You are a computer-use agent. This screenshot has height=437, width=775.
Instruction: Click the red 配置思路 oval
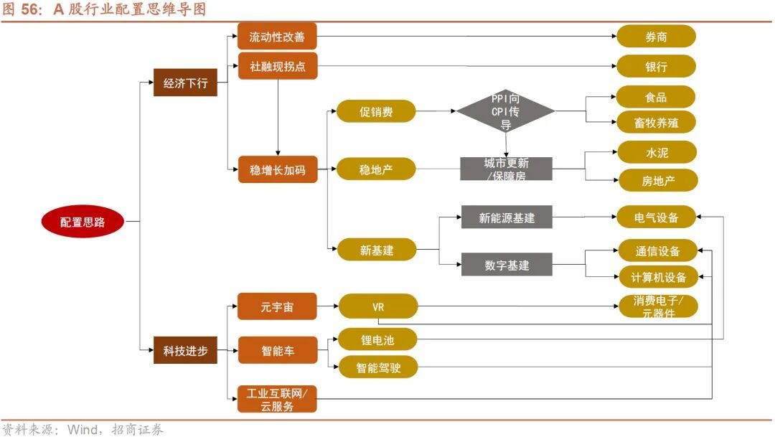click(83, 222)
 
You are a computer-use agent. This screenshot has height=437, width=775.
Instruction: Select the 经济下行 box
click(185, 83)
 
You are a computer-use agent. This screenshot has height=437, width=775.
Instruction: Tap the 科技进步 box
click(185, 350)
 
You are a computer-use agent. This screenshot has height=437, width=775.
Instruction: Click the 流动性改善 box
click(277, 37)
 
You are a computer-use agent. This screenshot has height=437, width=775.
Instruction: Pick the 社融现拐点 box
click(277, 67)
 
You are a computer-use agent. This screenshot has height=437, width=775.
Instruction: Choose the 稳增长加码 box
click(277, 170)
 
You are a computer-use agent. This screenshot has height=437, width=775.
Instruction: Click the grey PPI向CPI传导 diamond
click(505, 111)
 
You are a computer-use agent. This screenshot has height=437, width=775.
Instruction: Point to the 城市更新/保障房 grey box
click(507, 169)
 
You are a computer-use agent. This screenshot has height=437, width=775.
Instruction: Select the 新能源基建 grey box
click(507, 217)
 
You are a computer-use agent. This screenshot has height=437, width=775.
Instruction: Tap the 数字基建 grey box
click(507, 265)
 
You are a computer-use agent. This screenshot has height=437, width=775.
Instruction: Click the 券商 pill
click(656, 37)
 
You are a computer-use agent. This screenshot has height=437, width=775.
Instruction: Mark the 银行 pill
click(656, 67)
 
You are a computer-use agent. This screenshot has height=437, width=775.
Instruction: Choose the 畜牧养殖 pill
click(656, 123)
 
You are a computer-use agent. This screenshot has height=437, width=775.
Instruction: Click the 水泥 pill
click(656, 152)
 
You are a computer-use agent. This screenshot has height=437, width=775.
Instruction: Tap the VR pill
click(378, 307)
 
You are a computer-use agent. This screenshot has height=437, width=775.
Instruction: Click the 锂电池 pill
click(377, 339)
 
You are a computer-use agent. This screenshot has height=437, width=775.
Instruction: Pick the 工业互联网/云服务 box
click(277, 400)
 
